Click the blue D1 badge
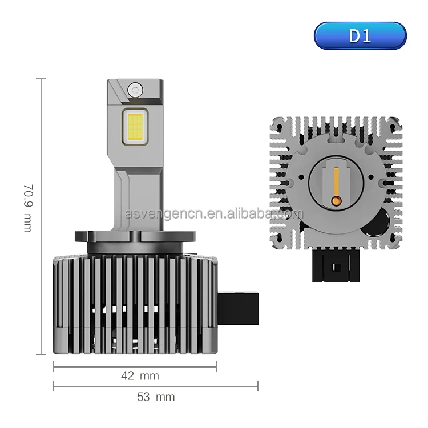click(x=360, y=36)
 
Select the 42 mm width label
click(x=140, y=375)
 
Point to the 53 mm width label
click(x=156, y=397)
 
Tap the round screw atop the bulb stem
click(x=135, y=88)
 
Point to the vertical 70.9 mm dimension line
click(x=41, y=217)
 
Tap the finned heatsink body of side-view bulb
click(x=135, y=302)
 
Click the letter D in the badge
click(x=355, y=36)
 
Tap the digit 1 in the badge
click(x=366, y=36)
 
